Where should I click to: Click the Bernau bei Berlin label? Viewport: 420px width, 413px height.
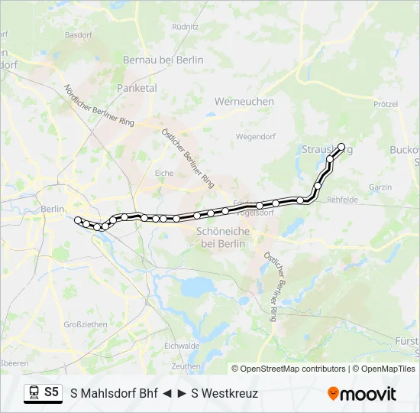click(x=163, y=60)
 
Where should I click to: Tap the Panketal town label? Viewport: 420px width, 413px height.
click(x=137, y=88)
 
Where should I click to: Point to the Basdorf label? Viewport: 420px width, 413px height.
click(x=79, y=34)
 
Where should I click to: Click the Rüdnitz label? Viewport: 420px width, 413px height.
click(x=186, y=25)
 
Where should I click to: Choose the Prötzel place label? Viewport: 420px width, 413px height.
click(x=386, y=104)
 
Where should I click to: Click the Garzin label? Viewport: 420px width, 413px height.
click(x=380, y=187)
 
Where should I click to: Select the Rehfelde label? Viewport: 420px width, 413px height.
click(x=342, y=200)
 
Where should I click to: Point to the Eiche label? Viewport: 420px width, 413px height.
click(x=164, y=173)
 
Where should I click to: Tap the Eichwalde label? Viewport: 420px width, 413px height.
click(x=182, y=346)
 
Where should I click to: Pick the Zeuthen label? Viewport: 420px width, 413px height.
click(x=186, y=366)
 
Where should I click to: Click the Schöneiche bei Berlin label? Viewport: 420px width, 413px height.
click(x=221, y=237)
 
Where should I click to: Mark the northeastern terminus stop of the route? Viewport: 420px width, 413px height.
click(x=341, y=147)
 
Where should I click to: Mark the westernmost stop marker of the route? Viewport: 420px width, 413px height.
click(x=78, y=220)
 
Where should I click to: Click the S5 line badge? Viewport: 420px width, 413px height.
click(x=51, y=392)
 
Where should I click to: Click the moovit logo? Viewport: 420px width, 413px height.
click(x=362, y=394)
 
